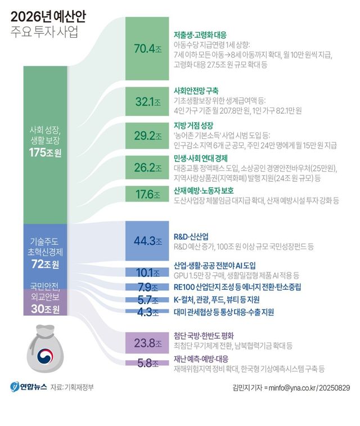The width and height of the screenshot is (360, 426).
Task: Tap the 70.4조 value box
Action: [147, 48]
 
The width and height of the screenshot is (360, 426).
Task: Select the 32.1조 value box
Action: [147, 102]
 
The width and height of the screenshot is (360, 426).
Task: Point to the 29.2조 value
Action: [147, 136]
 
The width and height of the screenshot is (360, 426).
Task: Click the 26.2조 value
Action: [147, 167]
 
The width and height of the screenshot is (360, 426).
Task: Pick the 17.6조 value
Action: [147, 195]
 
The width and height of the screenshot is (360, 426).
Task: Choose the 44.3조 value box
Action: [147, 241]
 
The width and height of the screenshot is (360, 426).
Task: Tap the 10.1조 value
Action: [147, 273]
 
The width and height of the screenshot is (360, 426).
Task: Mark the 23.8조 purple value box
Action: [147, 342]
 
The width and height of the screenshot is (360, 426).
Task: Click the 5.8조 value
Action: [147, 363]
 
